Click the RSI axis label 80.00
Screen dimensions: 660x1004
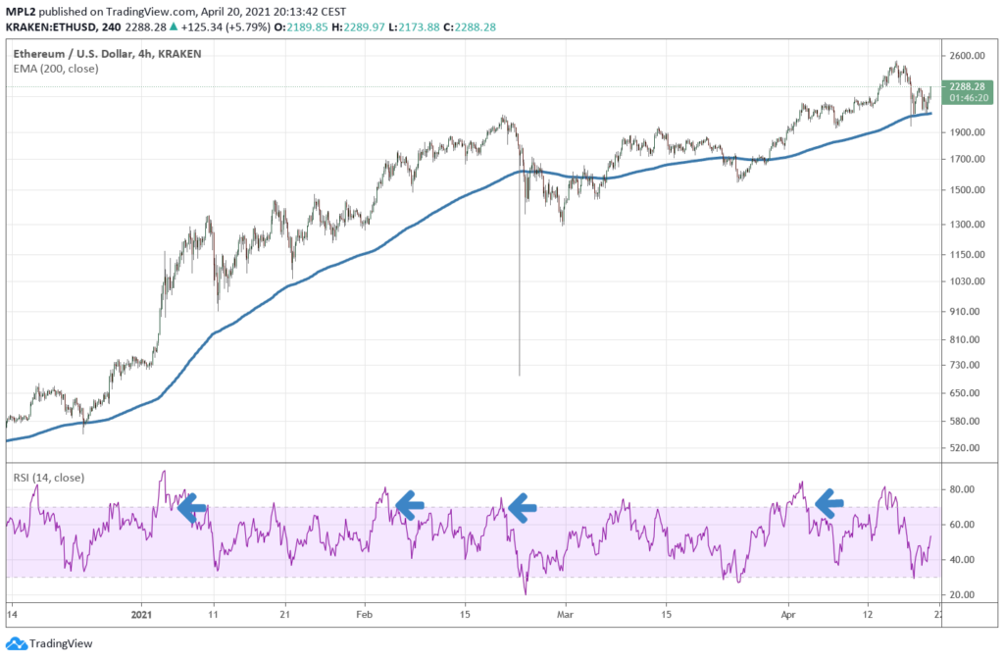963,489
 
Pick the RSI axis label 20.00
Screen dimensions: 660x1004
963,595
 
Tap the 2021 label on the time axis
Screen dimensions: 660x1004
142,615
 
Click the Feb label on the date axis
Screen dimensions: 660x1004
365,615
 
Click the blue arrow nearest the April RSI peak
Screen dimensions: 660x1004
830,504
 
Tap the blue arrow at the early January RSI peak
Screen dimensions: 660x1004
192,506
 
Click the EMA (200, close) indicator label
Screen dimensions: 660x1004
56,69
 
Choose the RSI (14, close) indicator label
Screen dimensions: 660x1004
49,478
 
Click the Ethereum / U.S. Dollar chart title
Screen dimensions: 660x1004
108,53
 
